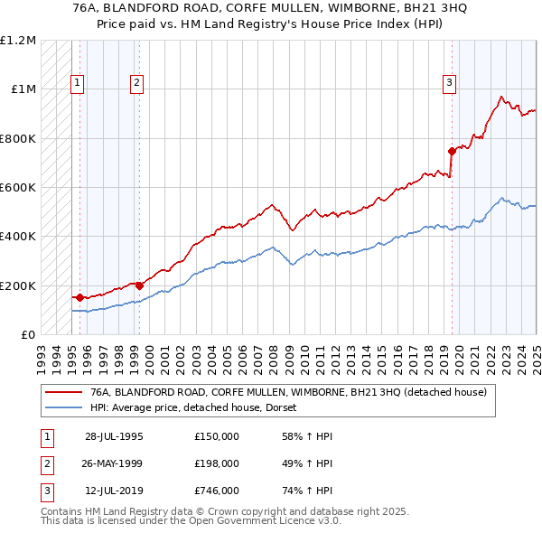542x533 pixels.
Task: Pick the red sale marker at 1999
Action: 140,285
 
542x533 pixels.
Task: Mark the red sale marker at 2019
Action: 452,151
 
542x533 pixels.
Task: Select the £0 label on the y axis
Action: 28,335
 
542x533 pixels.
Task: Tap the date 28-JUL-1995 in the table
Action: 114,436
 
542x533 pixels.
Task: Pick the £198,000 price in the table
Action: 216,463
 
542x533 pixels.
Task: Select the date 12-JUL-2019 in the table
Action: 113,491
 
